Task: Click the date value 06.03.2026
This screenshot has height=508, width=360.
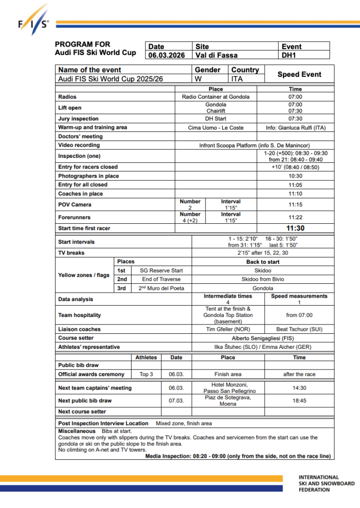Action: tap(167, 56)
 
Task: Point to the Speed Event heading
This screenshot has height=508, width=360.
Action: tap(299, 74)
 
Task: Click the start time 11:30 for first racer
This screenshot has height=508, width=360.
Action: tap(295, 228)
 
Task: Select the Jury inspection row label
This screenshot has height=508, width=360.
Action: tap(78, 119)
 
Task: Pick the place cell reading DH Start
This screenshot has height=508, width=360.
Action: tap(216, 119)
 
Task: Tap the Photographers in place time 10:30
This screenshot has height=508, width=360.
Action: tap(295, 176)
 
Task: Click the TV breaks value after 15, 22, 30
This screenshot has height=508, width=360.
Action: tap(263, 253)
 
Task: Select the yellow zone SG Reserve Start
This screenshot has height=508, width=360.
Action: tap(161, 270)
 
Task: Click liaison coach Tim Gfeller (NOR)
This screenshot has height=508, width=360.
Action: tap(228, 329)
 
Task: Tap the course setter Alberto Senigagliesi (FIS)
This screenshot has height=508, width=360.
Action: tap(263, 338)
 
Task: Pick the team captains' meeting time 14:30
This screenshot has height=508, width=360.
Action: tap(299, 388)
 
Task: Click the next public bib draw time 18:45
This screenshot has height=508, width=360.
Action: tap(299, 400)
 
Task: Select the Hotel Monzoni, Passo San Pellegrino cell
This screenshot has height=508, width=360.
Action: tap(228, 388)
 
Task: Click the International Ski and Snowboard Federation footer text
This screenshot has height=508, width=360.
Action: tap(326, 483)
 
